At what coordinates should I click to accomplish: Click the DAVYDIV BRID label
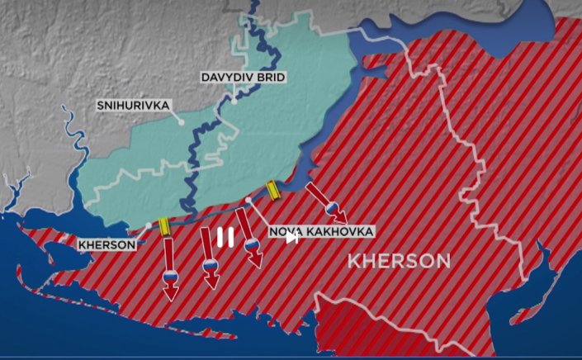pos(244,78)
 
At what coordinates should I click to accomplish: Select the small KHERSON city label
pos(107,244)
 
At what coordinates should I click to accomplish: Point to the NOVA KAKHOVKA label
pos(322,231)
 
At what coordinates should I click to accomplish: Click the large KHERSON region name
pos(399,262)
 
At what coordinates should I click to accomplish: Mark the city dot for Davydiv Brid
pos(234,103)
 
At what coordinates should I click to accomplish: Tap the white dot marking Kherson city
pos(149,225)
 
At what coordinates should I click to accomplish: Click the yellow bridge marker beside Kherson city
pos(165,226)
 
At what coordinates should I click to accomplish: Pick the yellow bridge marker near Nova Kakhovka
pos(272,192)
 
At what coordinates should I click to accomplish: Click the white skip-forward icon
pos(291,239)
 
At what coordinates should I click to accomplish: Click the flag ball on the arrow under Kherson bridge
pos(170,276)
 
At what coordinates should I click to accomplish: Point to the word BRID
pos(272,78)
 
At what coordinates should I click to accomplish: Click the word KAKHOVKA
pos(340,231)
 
